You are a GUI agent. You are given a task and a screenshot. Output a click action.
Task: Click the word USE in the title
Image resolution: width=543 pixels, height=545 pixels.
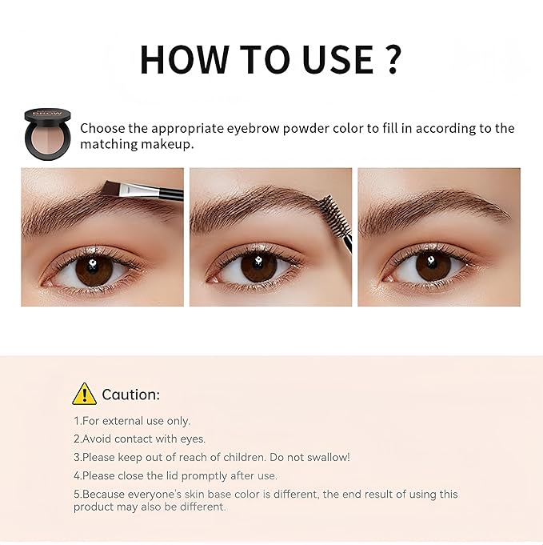pyautogui.click(x=324, y=60)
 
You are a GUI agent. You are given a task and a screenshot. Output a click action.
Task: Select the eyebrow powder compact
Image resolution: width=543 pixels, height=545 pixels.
pyautogui.click(x=47, y=132)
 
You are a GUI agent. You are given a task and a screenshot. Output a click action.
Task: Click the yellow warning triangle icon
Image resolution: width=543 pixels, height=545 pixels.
pyautogui.click(x=84, y=394)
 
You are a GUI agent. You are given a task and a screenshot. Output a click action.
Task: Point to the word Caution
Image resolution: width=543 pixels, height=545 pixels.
pyautogui.click(x=131, y=395)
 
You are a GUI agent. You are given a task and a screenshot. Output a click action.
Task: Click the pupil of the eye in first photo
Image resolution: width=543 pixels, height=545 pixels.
pyautogui.click(x=94, y=270)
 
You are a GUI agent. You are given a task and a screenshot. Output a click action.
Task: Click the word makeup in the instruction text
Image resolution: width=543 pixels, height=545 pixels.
pyautogui.click(x=168, y=146)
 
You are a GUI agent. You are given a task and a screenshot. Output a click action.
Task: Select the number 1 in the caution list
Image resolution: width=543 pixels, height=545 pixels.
pyautogui.click(x=77, y=421)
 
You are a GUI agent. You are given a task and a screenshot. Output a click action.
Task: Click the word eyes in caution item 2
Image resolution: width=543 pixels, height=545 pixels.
pyautogui.click(x=192, y=439)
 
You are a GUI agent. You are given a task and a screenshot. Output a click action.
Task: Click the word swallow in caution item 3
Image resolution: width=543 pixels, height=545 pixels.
pyautogui.click(x=327, y=457)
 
